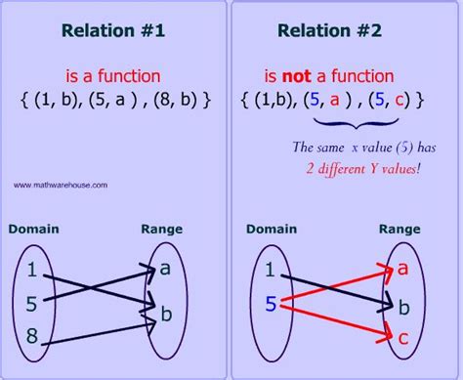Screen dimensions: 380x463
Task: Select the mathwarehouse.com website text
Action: (61, 184)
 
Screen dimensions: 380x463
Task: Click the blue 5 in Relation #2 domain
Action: (270, 305)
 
